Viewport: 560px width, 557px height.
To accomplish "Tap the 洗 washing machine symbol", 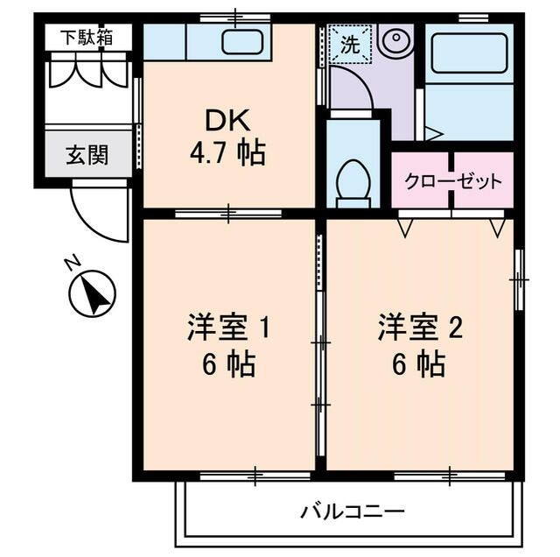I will click(350, 45).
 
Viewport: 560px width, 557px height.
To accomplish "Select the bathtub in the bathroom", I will click(470, 53).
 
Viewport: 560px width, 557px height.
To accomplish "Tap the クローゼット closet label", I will click(452, 181).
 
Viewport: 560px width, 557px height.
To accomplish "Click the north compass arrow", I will click(93, 296).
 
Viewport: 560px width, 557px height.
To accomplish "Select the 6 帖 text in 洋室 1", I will click(227, 363).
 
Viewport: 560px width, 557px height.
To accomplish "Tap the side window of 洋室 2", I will click(519, 278).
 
